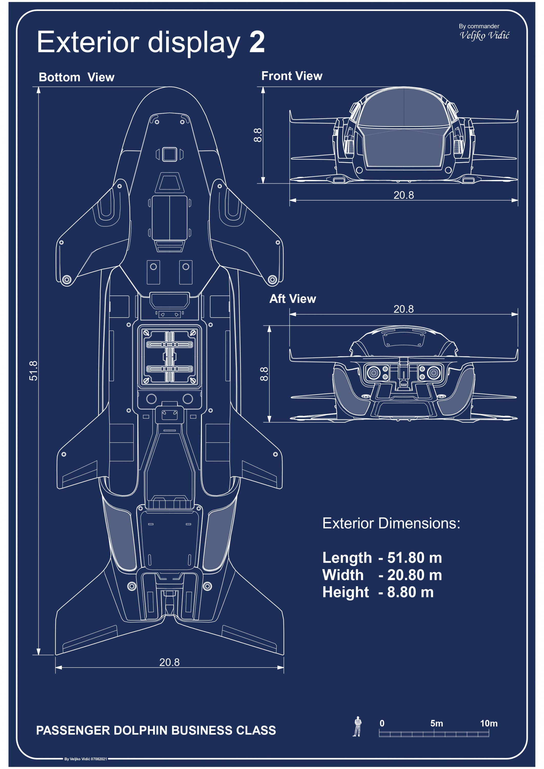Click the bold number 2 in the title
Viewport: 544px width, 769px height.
coord(257,42)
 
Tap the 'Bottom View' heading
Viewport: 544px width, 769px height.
coord(76,77)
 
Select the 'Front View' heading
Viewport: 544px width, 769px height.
coord(291,76)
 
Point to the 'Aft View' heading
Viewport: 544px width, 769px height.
coord(293,299)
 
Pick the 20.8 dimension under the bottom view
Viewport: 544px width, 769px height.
coord(169,662)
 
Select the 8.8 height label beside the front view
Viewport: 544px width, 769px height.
coord(258,135)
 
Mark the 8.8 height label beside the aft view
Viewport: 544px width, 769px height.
coord(264,374)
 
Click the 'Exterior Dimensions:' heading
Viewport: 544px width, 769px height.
coord(391,523)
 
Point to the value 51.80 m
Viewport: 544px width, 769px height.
coord(414,558)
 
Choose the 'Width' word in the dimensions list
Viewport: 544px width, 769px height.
coord(343,575)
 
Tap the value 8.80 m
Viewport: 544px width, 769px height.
coord(410,592)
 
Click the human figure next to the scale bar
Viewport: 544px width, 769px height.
coord(357,726)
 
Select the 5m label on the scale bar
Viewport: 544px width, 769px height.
coord(437,723)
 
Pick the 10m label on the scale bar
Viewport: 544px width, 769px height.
coord(488,723)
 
